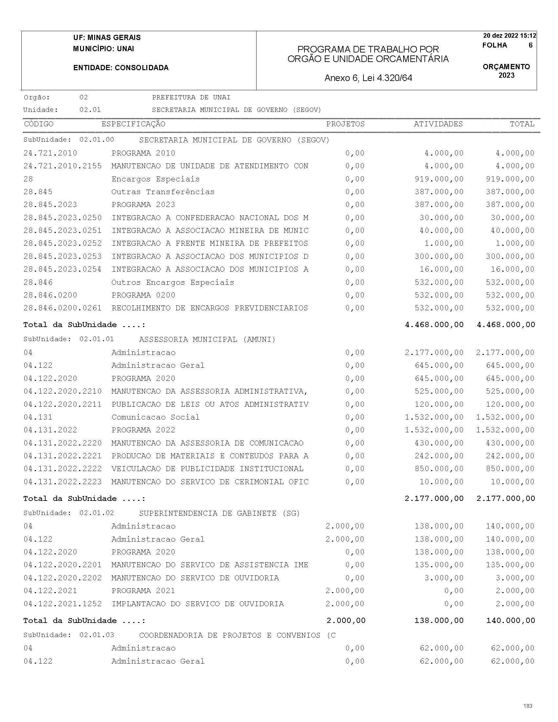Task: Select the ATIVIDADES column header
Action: pyautogui.click(x=438, y=124)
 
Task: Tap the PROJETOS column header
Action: pyautogui.click(x=345, y=124)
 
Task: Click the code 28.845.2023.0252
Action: pyautogui.click(x=62, y=243)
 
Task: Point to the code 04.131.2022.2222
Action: pyautogui.click(x=62, y=469)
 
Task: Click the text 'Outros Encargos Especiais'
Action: pyautogui.click(x=173, y=282)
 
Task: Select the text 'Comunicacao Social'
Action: pyautogui.click(x=155, y=417)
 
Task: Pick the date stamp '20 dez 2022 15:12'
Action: pyautogui.click(x=509, y=36)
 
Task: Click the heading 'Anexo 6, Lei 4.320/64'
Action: pyautogui.click(x=368, y=78)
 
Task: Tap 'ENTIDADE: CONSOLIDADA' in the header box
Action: pyautogui.click(x=121, y=68)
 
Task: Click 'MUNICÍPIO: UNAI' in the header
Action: pyautogui.click(x=103, y=49)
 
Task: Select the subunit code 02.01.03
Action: pyautogui.click(x=96, y=635)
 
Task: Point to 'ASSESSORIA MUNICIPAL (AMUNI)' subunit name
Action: pyautogui.click(x=207, y=340)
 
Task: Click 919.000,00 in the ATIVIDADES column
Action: pyautogui.click(x=439, y=179)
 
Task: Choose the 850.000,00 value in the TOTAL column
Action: pyautogui.click(x=510, y=469)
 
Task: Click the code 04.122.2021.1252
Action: pyautogui.click(x=62, y=604)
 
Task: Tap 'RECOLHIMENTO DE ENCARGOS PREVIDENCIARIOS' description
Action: pyautogui.click(x=210, y=308)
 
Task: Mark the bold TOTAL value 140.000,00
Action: pyautogui.click(x=510, y=621)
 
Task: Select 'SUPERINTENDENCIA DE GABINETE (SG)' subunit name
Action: pyautogui.click(x=219, y=513)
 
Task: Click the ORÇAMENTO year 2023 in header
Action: pyautogui.click(x=506, y=75)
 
